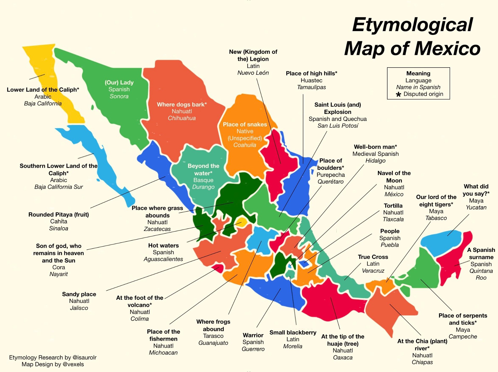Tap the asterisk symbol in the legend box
[398, 94]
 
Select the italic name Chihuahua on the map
[182, 118]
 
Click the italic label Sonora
[119, 96]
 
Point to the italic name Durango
[203, 187]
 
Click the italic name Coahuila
[245, 145]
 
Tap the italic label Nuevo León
[253, 73]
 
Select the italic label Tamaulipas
[311, 87]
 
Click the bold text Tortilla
[393, 206]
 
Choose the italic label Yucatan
[476, 207]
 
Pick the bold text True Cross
[373, 257]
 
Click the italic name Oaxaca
[343, 358]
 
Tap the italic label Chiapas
[422, 362]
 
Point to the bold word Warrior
[253, 335]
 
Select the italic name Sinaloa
[59, 228]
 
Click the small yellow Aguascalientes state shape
[241, 223]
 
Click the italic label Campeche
[463, 337]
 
